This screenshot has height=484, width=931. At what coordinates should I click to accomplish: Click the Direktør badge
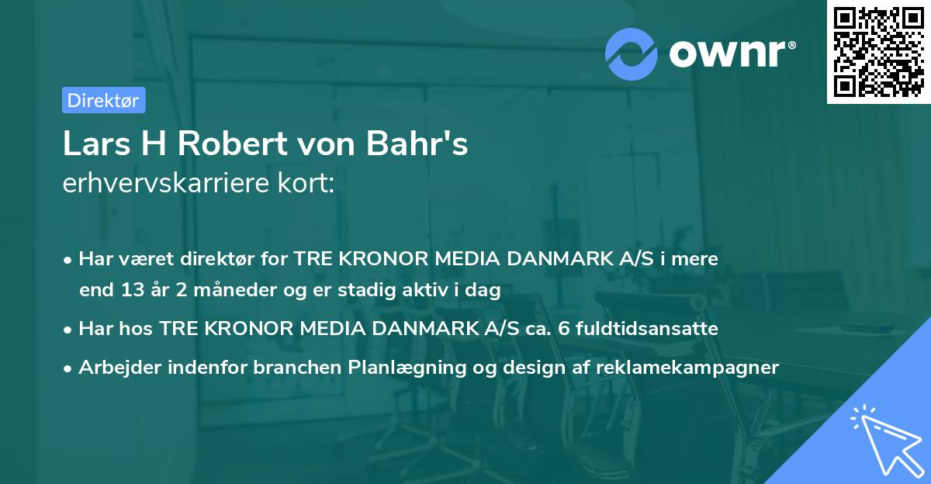103,100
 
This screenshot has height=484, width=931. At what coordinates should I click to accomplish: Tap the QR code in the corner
878,52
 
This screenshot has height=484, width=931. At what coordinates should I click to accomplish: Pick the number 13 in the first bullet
129,291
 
